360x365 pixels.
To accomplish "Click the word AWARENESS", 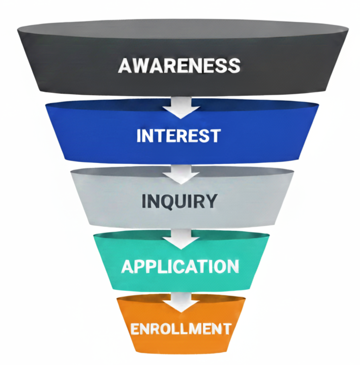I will [x=180, y=65].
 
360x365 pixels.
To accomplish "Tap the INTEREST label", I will [x=178, y=136].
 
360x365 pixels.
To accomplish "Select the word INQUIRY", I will [x=179, y=201].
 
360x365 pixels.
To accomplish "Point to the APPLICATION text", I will [x=180, y=266].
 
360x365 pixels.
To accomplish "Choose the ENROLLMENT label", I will [x=180, y=328].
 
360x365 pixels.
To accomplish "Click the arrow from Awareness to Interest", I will [x=181, y=105].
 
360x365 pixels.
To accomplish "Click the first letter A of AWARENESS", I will [x=125, y=65].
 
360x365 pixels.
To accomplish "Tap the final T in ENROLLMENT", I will [x=226, y=328].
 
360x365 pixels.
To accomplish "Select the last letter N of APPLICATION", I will [x=233, y=266].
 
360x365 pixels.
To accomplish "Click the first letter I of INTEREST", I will [x=139, y=136].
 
